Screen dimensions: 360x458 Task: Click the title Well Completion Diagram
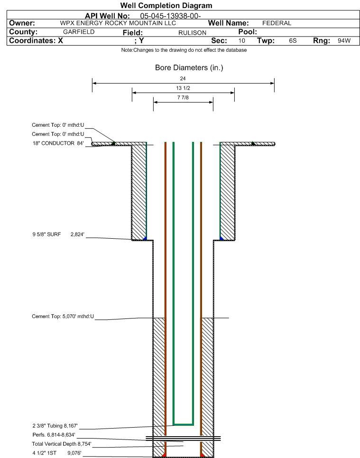coord(166,5)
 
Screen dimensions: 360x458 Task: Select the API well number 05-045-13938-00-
coord(170,16)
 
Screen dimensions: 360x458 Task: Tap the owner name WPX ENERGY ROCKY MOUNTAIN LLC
coord(118,23)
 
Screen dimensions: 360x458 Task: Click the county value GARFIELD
coord(79,32)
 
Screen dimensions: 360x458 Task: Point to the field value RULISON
coord(193,33)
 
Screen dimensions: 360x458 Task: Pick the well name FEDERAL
coord(277,23)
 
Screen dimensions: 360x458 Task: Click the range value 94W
coord(344,41)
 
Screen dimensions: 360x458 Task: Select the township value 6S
coord(293,41)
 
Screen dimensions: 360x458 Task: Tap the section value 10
coord(242,41)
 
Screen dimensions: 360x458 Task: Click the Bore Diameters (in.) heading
coord(189,68)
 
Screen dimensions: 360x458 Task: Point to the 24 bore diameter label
coord(183,79)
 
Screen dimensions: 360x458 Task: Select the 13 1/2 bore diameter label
coord(183,88)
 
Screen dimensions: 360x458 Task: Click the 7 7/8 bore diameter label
coord(183,98)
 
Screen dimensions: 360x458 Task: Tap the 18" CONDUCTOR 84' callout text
coord(58,143)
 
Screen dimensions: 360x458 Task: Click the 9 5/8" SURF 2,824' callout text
coord(58,234)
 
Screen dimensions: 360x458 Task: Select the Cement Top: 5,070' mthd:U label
coord(63,317)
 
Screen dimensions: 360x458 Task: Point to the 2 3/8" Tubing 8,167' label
coord(55,426)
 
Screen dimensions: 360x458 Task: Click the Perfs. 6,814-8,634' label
coord(54,435)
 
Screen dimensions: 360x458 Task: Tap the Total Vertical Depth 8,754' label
coord(62,444)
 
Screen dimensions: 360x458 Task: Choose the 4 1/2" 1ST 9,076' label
coord(57,453)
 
